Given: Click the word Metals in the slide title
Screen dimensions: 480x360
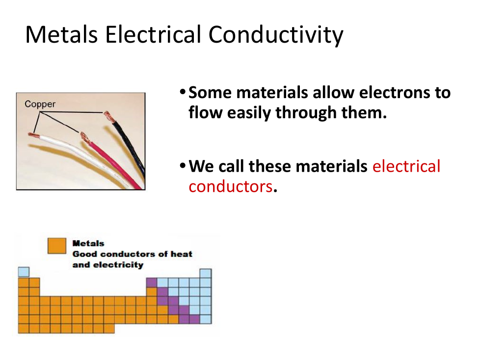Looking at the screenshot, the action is [x=61, y=34].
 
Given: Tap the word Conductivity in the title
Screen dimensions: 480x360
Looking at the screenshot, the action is [x=276, y=35].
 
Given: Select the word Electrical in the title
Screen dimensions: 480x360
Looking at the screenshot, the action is [x=153, y=34].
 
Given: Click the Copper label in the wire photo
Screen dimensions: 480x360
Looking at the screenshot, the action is [x=40, y=104].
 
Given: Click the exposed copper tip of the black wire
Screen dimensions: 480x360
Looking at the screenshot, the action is [x=108, y=117].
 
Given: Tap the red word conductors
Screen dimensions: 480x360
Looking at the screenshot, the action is [x=231, y=186].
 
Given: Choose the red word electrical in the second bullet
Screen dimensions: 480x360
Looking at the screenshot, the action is [x=406, y=166].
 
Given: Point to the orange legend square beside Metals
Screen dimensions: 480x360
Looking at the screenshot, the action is [x=57, y=246].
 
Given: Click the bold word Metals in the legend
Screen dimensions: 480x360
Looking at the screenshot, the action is [x=88, y=243].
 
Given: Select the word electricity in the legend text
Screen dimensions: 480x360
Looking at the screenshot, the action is [x=118, y=265].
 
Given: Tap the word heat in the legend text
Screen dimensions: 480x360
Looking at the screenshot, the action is [x=181, y=254].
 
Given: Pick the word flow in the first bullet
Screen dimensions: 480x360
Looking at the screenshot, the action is [x=206, y=112].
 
